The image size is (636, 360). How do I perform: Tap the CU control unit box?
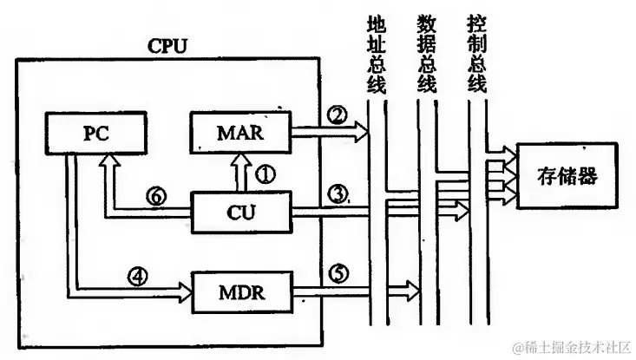(240, 210)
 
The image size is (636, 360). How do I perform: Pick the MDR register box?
(240, 291)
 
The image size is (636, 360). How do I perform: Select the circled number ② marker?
(337, 115)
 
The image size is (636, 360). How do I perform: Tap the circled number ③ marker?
(337, 193)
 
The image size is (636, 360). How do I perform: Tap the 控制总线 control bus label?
(475, 51)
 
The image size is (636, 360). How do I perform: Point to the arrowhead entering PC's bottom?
(108, 162)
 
